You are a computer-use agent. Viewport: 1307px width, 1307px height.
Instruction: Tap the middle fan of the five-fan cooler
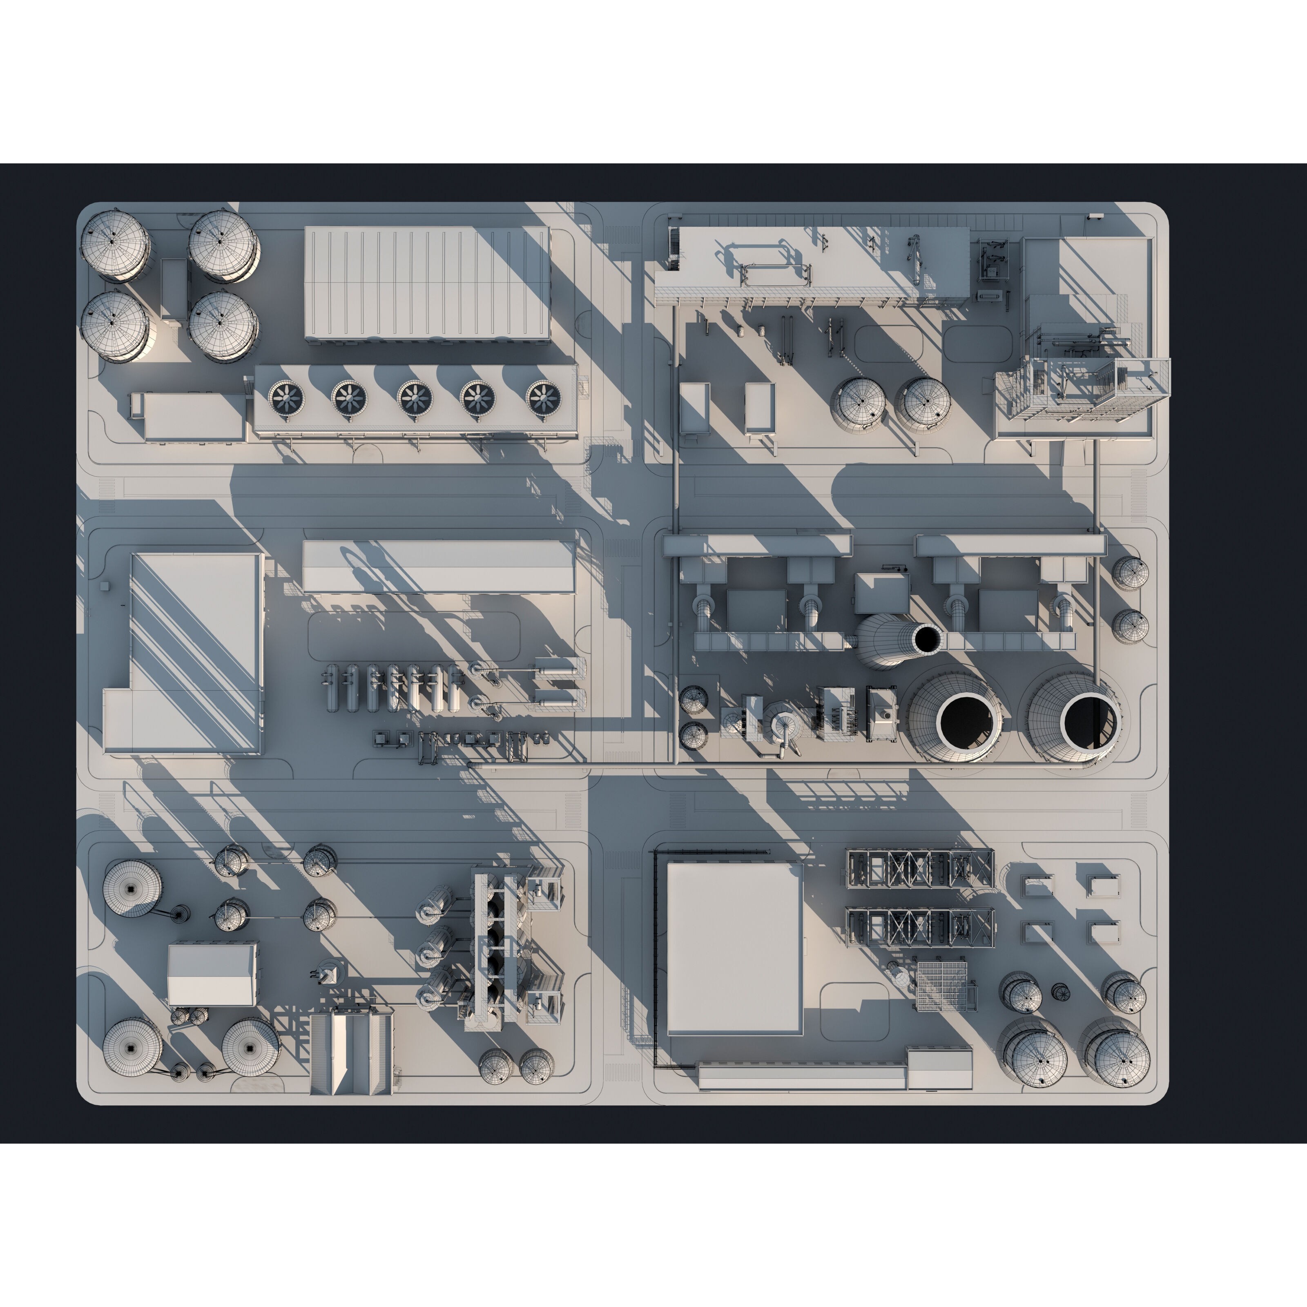414,398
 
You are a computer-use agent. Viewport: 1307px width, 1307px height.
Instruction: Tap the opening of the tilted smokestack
927,639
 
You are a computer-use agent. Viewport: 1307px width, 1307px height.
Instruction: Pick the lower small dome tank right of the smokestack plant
1130,626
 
